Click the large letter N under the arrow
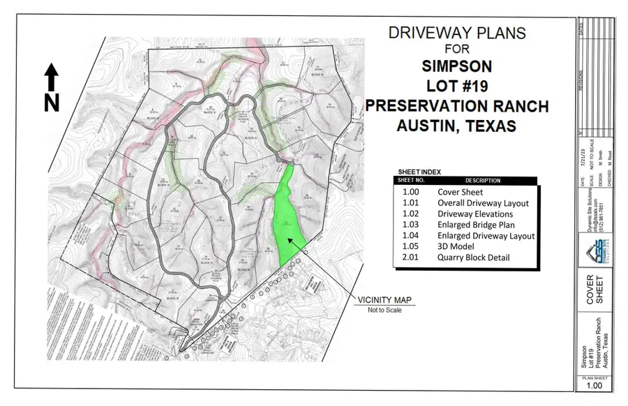pos(52,102)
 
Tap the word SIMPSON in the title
pos(456,67)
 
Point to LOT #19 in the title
pos(456,87)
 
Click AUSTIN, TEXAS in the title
pos(456,126)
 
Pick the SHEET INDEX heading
pos(419,172)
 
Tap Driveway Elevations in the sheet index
pos(475,214)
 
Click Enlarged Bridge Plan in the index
pos(476,225)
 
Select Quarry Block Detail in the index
pos(474,258)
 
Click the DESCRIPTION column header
pos(482,181)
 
